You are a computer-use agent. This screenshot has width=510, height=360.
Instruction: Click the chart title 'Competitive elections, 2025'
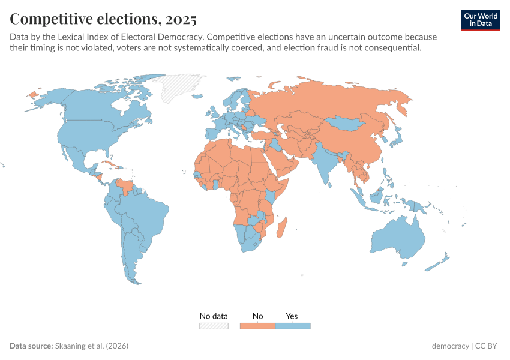[x=103, y=19]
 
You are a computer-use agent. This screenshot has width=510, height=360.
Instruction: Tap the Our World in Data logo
[x=481, y=20]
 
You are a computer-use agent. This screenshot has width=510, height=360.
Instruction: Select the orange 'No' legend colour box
[x=257, y=326]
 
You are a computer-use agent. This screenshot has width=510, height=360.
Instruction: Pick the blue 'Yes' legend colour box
[x=292, y=326]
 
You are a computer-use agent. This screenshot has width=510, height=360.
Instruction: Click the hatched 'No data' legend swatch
[x=214, y=326]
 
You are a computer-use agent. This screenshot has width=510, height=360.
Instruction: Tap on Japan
[x=397, y=138]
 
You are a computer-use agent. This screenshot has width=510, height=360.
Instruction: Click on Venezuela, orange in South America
[x=125, y=185]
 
